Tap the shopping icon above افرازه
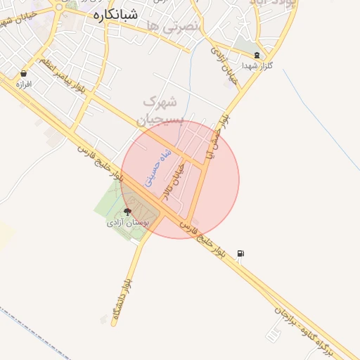pos(24,73)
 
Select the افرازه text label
pos(24,84)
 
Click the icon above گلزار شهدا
pos(257,55)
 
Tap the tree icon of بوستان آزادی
pos(127,211)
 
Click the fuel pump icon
pos(241,253)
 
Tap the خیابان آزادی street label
pos(225,63)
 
